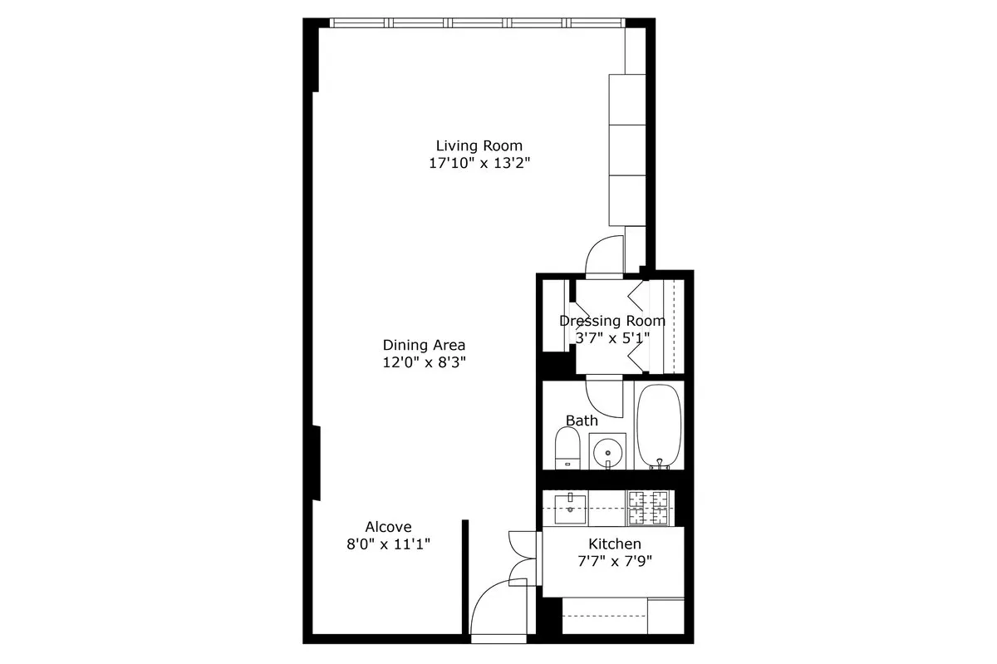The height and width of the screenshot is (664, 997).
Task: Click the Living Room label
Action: pos(479,146)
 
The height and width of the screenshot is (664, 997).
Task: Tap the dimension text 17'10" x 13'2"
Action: pos(479,164)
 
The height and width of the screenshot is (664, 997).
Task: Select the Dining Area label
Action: pos(424,345)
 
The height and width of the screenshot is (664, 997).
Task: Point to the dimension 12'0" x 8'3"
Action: pos(424,362)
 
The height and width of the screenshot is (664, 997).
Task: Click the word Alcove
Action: pos(388,527)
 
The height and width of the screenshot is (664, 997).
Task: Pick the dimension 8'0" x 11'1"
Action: pos(388,544)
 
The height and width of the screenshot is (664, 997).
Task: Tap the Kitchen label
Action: pos(614,543)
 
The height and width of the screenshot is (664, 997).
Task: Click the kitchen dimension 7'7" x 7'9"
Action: pos(614,561)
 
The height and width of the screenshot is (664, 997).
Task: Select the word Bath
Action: pos(582,421)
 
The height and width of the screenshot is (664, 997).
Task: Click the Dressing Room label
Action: pos(611,321)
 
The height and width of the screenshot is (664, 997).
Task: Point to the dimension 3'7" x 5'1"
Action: pos(611,338)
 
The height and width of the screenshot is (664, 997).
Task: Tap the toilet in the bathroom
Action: pos(567,449)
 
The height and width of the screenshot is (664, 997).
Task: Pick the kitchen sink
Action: pos(571,505)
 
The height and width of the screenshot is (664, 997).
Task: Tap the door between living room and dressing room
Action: pos(604,255)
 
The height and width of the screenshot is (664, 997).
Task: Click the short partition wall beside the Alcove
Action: pos(465,577)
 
